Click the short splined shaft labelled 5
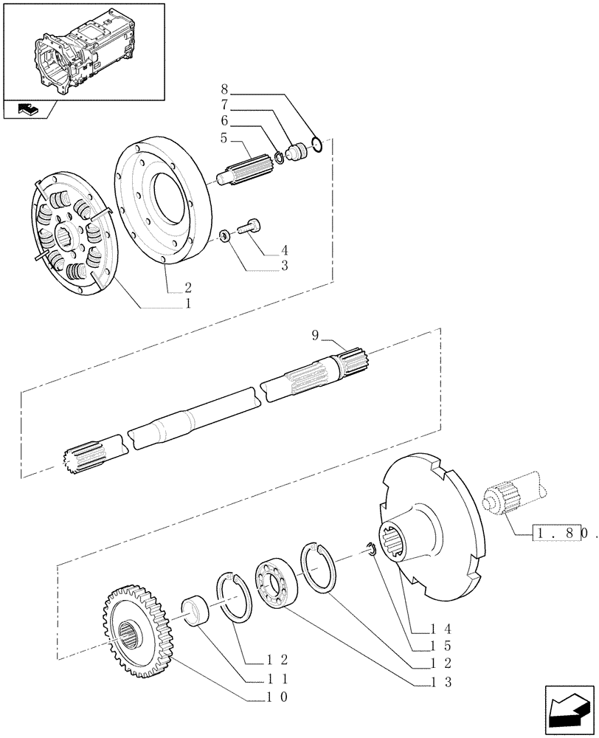[x=243, y=174]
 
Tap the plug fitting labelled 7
[x=298, y=153]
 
